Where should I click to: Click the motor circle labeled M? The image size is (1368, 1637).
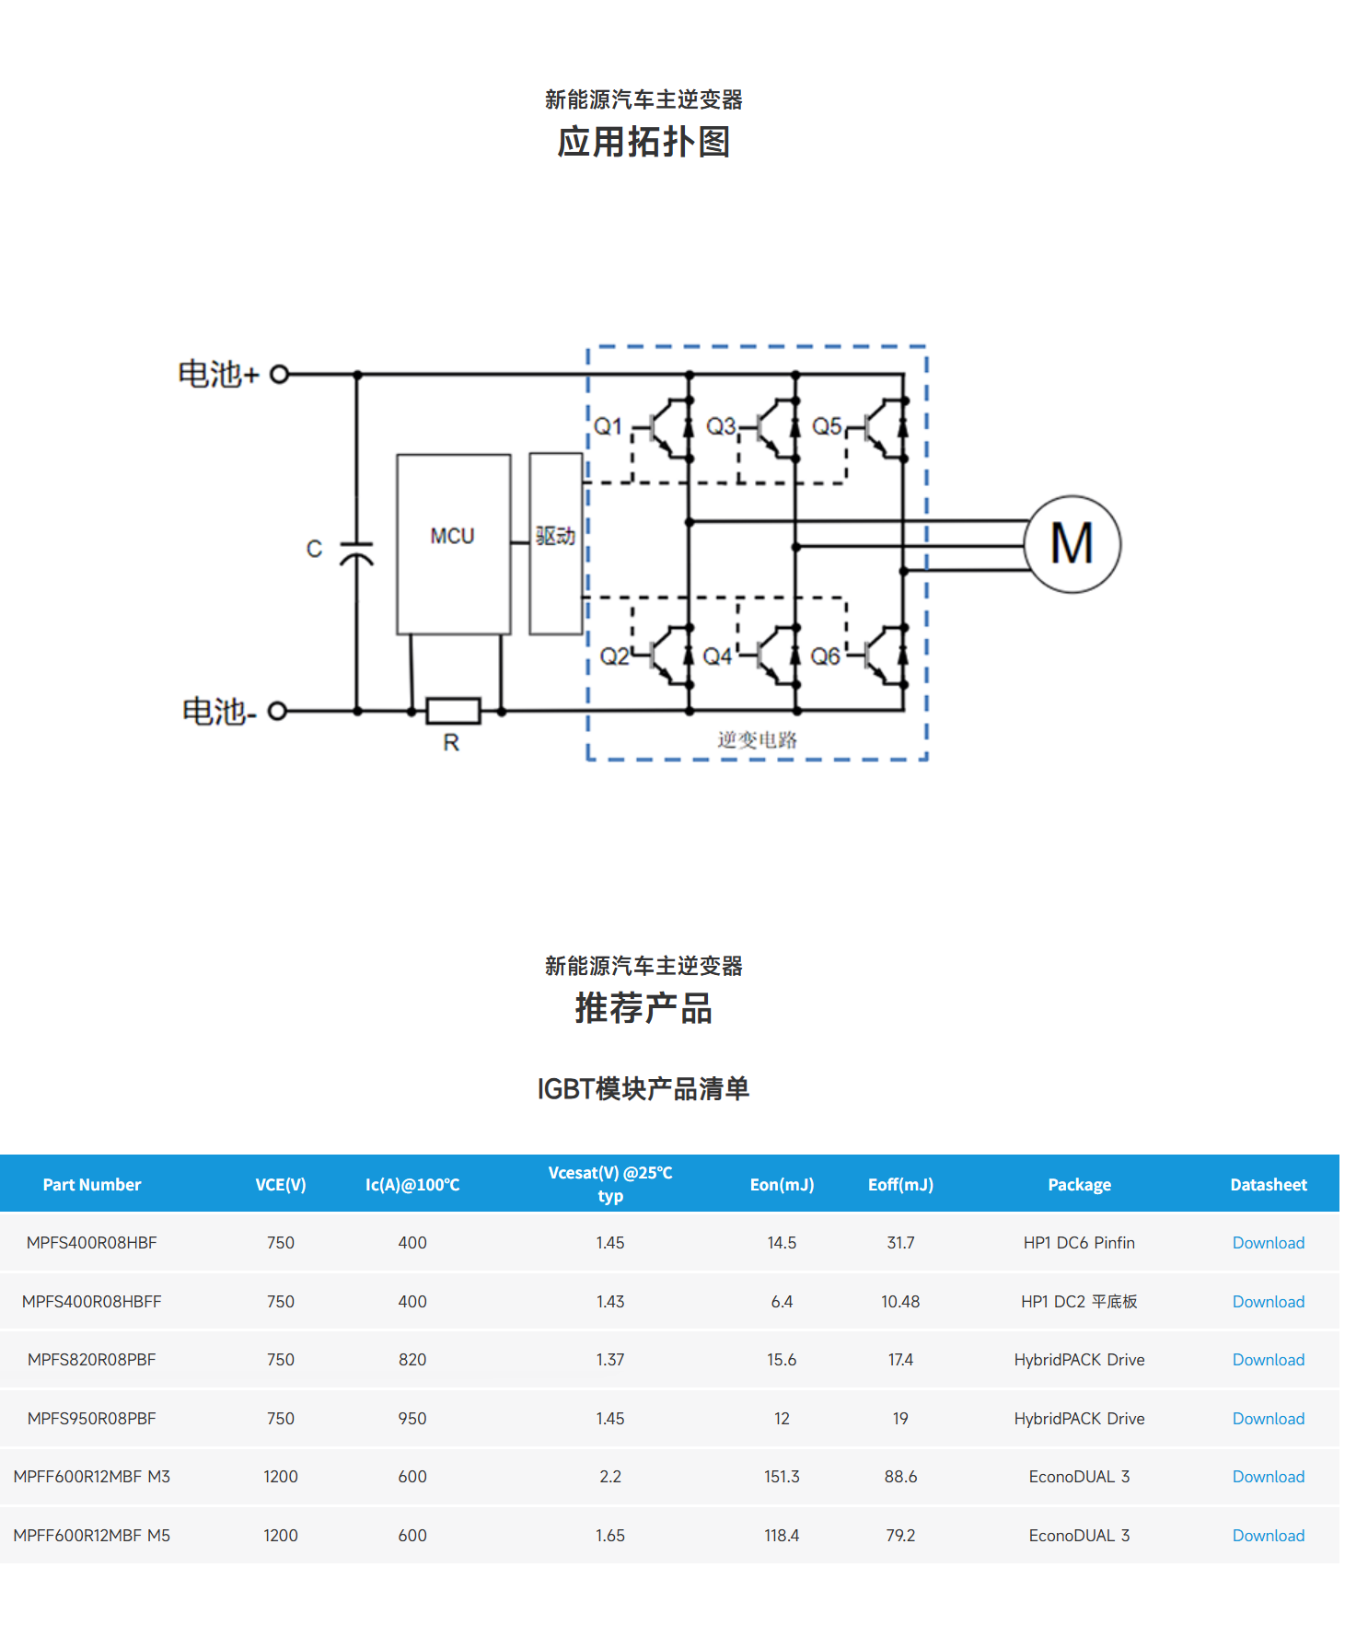point(1072,544)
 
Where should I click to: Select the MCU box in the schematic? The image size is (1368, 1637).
point(453,543)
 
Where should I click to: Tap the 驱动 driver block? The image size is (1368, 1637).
point(556,543)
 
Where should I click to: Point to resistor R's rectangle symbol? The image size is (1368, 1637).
point(453,711)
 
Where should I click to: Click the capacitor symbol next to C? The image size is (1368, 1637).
point(357,552)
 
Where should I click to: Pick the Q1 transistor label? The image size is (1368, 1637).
point(608,426)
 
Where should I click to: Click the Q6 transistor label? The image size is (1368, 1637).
point(825,656)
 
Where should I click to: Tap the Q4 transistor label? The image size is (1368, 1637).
point(717,656)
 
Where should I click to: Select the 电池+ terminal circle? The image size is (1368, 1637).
point(280,374)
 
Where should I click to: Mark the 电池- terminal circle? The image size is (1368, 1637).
point(277,711)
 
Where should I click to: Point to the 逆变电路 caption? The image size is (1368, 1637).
point(757,739)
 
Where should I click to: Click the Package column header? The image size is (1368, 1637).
point(1079,1185)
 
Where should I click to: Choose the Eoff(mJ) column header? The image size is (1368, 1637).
point(900,1185)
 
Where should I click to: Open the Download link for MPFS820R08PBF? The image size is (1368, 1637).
point(1268,1360)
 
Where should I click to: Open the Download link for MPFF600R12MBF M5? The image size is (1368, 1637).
point(1268,1536)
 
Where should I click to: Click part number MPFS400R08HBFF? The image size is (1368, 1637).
point(92,1302)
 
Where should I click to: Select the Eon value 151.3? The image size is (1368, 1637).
point(782,1477)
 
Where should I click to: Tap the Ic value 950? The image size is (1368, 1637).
point(412,1419)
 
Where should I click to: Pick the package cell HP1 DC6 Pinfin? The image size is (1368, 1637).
point(1079,1243)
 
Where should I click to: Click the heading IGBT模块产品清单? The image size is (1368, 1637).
point(643,1089)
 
